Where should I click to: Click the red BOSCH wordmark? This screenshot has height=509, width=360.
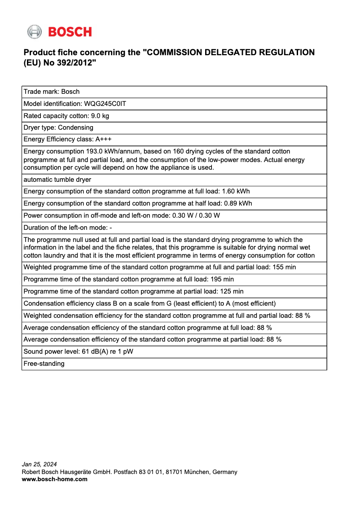pos(70,32)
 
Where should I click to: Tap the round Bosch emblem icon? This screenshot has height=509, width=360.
pos(34,32)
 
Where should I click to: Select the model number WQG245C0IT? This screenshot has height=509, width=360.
pos(105,104)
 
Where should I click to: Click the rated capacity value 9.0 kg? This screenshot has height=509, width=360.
pos(100,116)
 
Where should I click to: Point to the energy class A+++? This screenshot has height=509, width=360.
pos(103,139)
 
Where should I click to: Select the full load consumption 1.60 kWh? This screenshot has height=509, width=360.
pos(236,191)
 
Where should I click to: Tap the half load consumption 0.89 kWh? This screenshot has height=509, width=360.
pos(238,203)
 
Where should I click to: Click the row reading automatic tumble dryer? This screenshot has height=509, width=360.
pos(57,180)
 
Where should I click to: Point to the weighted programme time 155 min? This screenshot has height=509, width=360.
pos(284,267)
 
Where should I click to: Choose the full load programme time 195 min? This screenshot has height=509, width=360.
pos(222,279)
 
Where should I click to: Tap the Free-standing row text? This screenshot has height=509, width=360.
pos(44,364)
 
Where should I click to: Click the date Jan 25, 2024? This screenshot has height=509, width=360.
pos(40,464)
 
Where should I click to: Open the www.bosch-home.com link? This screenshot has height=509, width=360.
pos(55,479)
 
